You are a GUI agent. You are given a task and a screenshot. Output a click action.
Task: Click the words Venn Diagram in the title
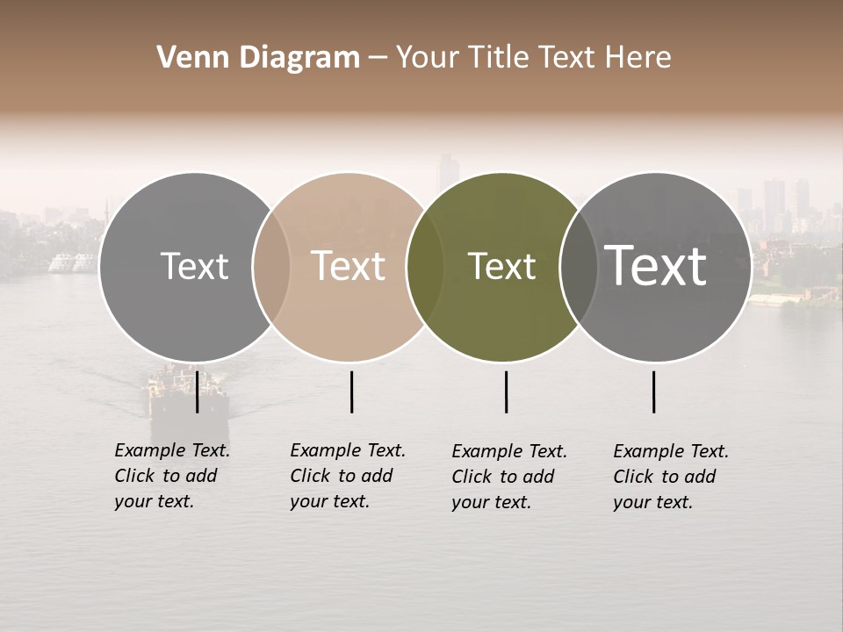258,58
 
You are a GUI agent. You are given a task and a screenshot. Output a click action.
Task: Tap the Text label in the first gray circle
194,266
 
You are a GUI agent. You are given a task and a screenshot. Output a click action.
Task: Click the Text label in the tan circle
349,266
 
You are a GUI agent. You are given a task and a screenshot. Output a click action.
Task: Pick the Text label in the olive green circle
502,266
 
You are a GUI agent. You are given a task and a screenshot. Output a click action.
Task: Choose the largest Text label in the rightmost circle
656,266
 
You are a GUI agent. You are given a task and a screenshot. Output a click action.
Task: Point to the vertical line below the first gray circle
197,391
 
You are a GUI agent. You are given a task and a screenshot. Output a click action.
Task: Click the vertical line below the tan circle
351,391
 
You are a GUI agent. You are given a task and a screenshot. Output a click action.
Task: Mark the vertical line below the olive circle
506,391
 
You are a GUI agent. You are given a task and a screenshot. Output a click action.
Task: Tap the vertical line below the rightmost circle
653,391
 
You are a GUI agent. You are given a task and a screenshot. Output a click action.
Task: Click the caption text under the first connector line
172,476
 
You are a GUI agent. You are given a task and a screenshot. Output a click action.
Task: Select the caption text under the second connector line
348,476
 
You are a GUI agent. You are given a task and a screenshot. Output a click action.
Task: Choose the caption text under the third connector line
509,477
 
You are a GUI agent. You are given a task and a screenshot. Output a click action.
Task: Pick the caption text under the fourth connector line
671,477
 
